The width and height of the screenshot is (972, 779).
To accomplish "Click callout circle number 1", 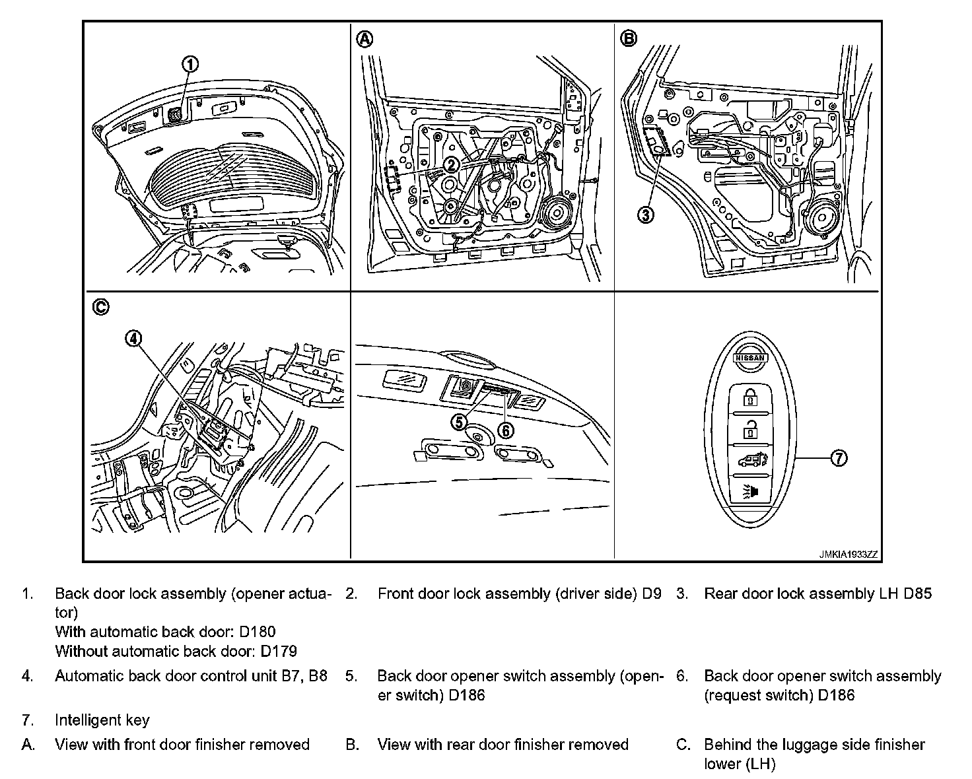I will [190, 64].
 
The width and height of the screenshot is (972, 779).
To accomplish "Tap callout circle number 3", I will [646, 214].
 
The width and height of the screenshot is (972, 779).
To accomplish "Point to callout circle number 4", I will [133, 339].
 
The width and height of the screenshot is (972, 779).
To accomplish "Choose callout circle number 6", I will [505, 430].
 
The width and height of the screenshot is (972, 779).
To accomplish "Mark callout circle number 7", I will [838, 457].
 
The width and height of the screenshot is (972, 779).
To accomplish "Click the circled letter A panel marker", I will [364, 39].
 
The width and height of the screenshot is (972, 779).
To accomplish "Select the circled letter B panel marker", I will [629, 39].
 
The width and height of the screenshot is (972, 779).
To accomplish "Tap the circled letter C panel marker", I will [100, 307].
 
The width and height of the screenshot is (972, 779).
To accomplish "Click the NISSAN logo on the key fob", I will [750, 357].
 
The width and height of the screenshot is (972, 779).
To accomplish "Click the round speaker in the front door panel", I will [556, 213].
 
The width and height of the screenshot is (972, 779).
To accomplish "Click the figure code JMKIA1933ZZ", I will [849, 555].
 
